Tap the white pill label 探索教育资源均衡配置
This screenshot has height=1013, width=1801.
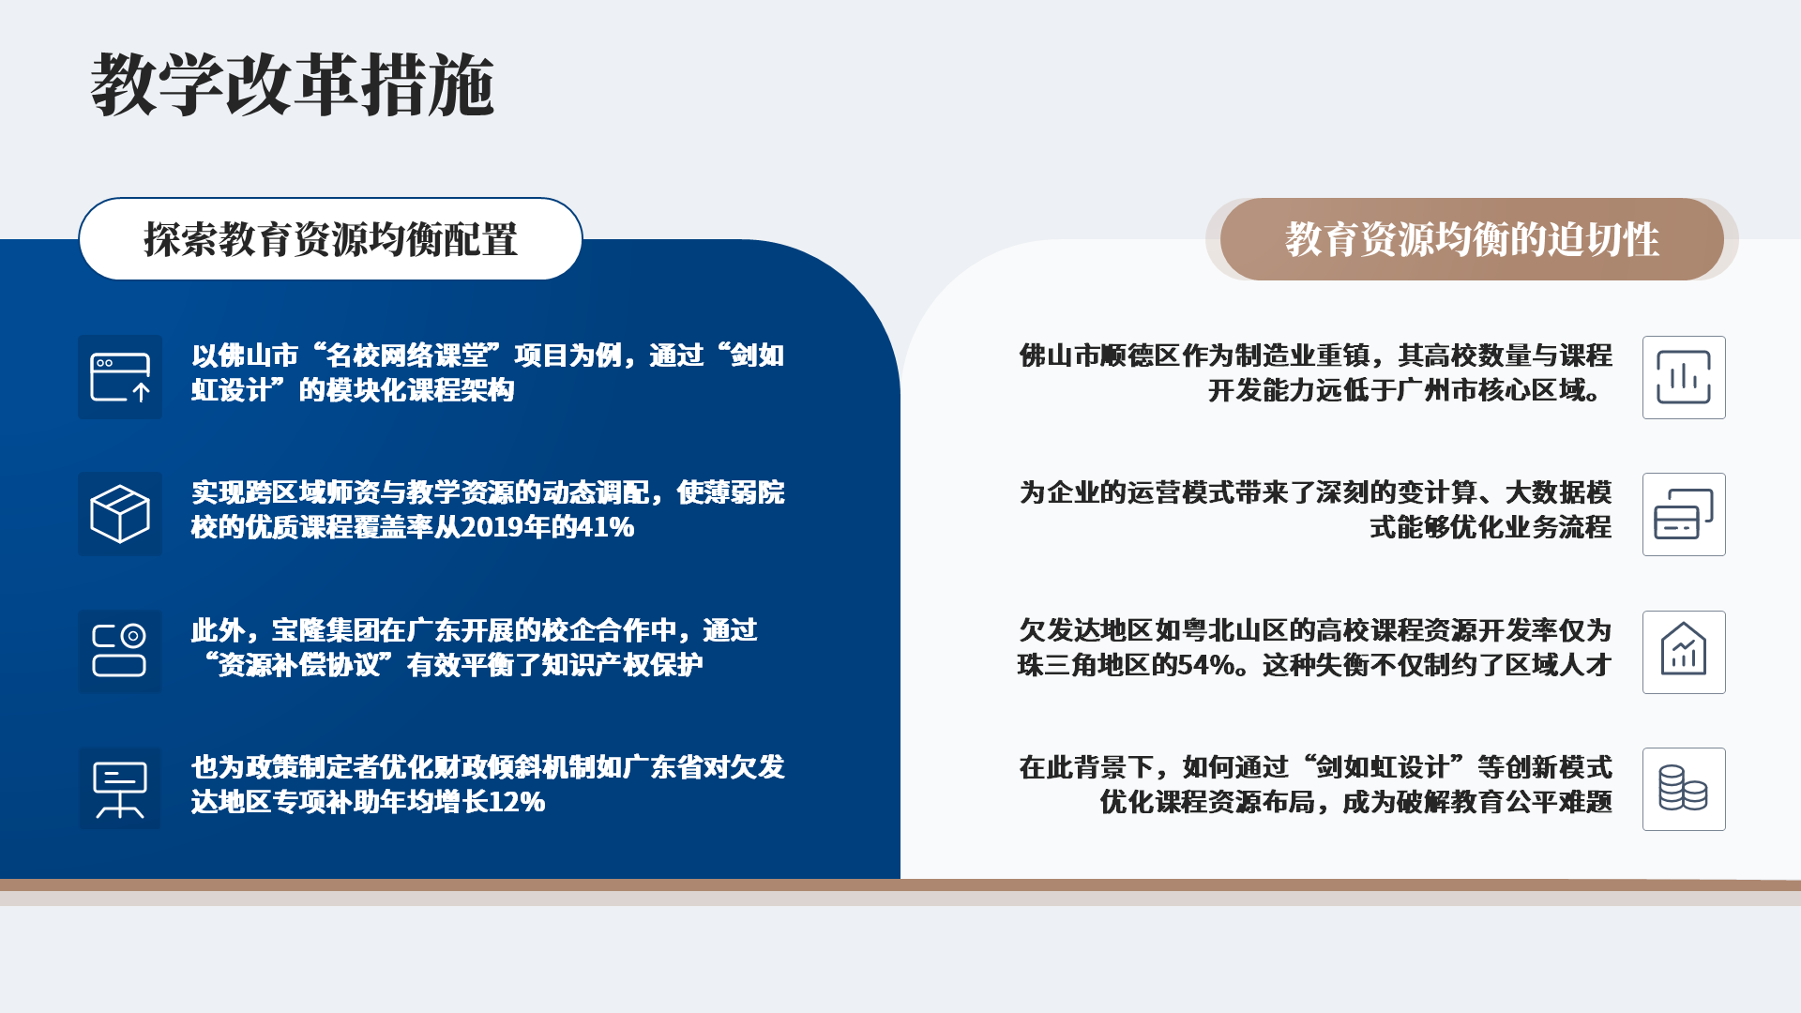pyautogui.click(x=330, y=239)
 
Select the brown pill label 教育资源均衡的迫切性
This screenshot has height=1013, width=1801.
pyautogui.click(x=1472, y=239)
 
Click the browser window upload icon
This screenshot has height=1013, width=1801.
pyautogui.click(x=120, y=377)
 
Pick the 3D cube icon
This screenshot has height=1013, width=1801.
pyautogui.click(x=120, y=514)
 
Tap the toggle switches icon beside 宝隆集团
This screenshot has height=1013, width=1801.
pyautogui.click(x=120, y=651)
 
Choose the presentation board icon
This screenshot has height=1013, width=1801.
pyautogui.click(x=120, y=789)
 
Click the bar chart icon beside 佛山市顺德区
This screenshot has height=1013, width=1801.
pyautogui.click(x=1684, y=377)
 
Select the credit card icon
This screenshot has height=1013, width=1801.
pyautogui.click(x=1684, y=514)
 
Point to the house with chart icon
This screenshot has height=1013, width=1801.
pyautogui.click(x=1684, y=651)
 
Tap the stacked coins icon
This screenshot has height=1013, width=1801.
pyautogui.click(x=1684, y=789)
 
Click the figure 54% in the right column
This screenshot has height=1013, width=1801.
pyautogui.click(x=1206, y=665)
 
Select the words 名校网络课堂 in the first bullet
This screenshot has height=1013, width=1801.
pyautogui.click(x=407, y=355)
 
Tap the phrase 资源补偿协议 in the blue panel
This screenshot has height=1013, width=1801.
pyautogui.click(x=299, y=665)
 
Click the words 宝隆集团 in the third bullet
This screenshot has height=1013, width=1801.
pyautogui.click(x=325, y=630)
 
